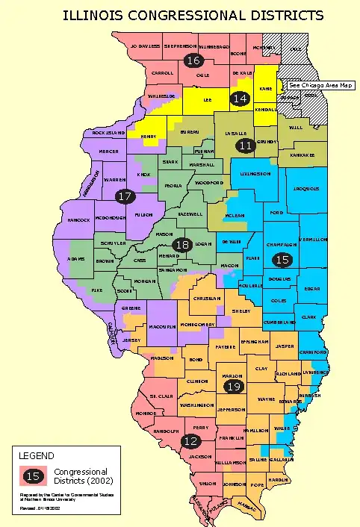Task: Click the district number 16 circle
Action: point(193,60)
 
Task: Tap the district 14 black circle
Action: point(240,99)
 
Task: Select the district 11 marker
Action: point(244,146)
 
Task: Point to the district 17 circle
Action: point(125,196)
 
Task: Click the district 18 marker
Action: point(181,245)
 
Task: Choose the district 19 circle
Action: point(233,386)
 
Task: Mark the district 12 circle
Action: point(189,441)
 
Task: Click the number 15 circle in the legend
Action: point(32,475)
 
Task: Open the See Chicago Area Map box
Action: point(320,85)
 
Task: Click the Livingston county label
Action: point(255,173)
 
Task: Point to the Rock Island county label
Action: point(108,133)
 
